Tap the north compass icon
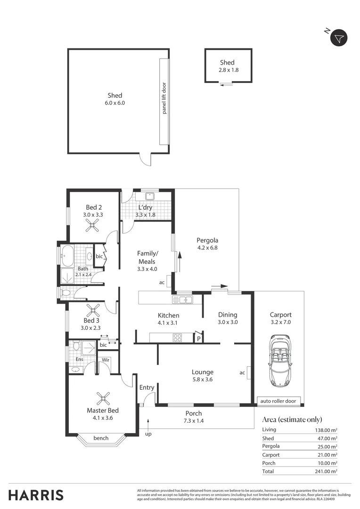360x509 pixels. click(x=338, y=38)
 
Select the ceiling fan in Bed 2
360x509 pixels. click(x=92, y=227)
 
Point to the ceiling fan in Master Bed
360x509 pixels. click(x=102, y=398)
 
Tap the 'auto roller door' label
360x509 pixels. click(x=278, y=401)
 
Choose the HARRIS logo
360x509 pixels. click(x=36, y=495)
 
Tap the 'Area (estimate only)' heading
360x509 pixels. click(x=292, y=419)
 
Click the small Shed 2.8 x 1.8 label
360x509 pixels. click(x=227, y=66)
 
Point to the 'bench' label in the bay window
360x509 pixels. click(x=101, y=438)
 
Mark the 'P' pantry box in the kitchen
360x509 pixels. click(x=199, y=338)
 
